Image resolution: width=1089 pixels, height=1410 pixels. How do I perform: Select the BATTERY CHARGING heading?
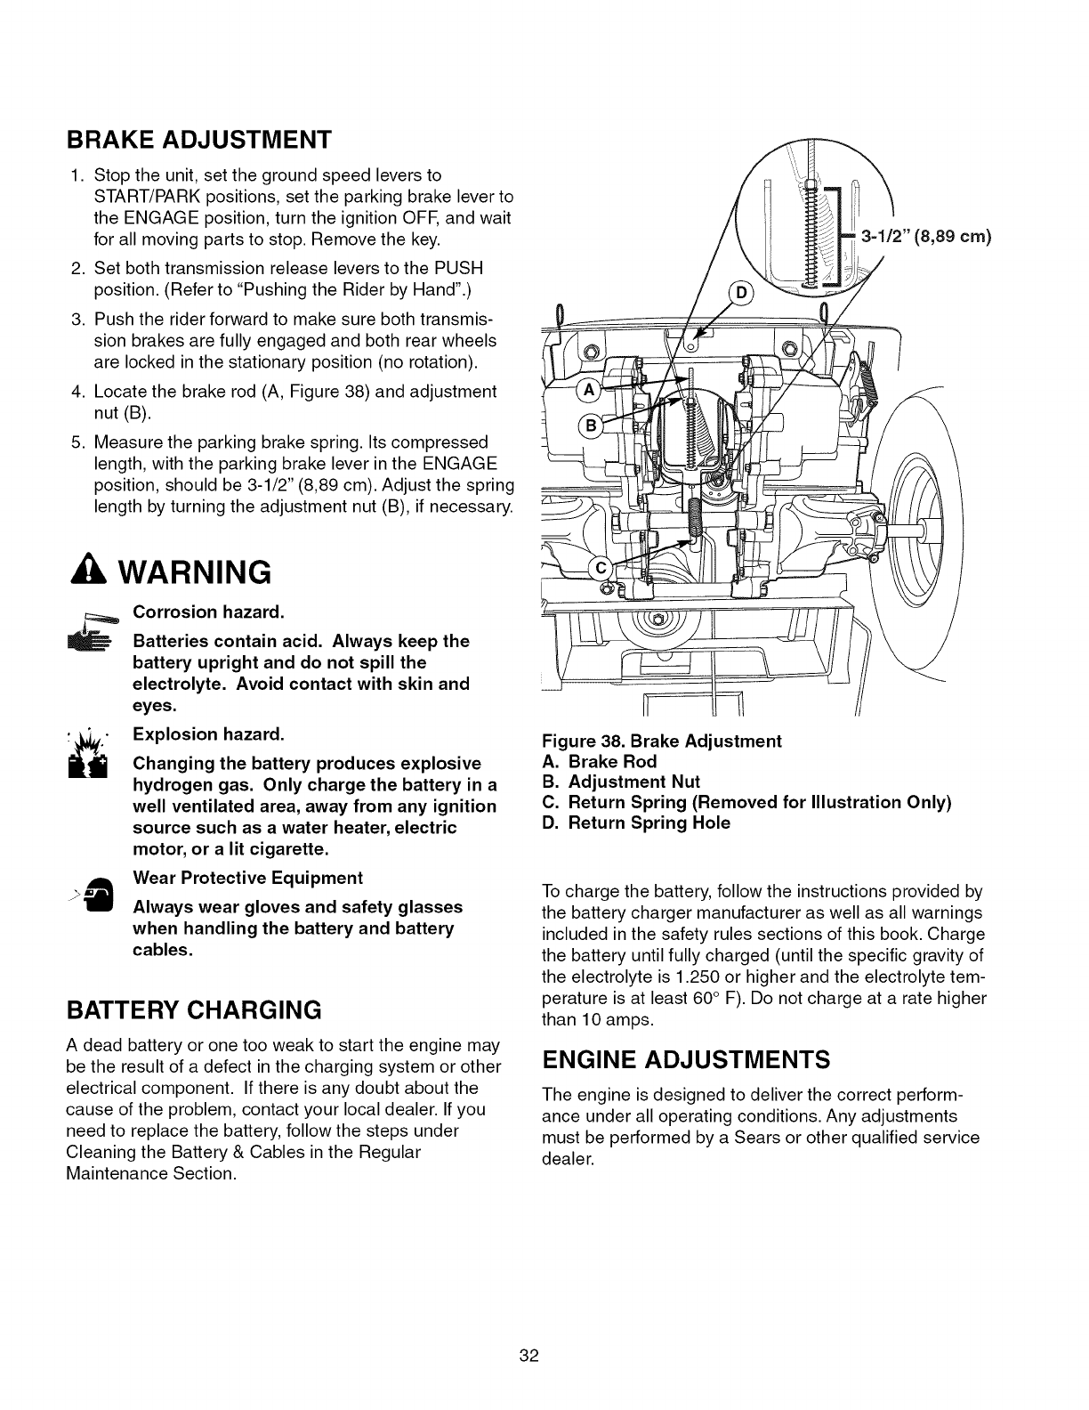click(193, 1010)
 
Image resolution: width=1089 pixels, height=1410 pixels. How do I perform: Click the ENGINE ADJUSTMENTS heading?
click(686, 1060)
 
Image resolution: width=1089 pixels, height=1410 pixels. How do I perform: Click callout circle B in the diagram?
click(589, 426)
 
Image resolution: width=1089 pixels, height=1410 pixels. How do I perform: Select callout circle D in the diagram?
click(739, 296)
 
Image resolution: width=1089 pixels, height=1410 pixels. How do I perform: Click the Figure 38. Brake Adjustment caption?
click(661, 741)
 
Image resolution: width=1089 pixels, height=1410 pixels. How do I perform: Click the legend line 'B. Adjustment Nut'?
click(620, 782)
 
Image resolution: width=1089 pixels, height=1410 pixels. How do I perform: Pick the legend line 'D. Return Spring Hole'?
click(635, 823)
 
